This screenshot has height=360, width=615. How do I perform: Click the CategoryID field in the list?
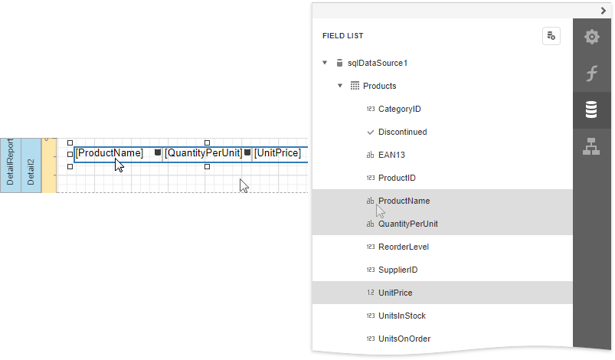pos(399,109)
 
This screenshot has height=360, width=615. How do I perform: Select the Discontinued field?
pos(402,133)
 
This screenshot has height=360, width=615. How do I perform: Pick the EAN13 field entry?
pos(391,155)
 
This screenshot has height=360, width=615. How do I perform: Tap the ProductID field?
pos(397,178)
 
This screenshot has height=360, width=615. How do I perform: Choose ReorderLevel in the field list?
pos(403,247)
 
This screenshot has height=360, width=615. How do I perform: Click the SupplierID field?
pos(397,270)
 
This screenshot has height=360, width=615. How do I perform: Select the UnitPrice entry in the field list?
pos(395,293)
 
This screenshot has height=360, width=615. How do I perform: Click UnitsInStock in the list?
pos(401,316)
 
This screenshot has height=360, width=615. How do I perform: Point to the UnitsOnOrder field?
pos(404,339)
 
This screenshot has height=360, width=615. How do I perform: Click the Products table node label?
pos(379,86)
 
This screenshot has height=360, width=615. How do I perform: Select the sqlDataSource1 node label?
pos(378,63)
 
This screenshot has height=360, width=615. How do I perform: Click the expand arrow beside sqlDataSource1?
pos(325,63)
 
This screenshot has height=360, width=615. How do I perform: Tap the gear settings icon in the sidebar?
pos(591,37)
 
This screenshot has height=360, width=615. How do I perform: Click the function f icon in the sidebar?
pos(591,74)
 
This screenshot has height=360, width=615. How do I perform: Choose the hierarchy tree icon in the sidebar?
pos(591,146)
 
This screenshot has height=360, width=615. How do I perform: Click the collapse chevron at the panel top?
pos(604,11)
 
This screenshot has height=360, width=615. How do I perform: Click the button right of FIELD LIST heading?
pos(551,36)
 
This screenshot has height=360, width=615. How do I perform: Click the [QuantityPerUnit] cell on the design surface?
pos(203,153)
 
